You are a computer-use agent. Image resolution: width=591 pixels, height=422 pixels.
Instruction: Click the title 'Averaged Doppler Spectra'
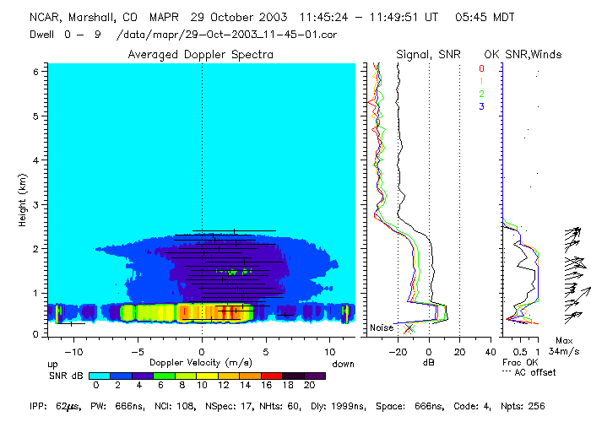(200, 55)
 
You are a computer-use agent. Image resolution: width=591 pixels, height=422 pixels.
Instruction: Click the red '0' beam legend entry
(481, 68)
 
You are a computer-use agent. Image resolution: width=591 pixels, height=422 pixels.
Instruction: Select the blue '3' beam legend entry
(481, 106)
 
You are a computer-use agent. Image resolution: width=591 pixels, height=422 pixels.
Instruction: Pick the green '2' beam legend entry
(481, 94)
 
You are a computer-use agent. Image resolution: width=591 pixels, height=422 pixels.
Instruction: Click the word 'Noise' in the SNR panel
(382, 327)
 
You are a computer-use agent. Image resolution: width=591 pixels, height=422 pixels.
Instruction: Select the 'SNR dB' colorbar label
(64, 375)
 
